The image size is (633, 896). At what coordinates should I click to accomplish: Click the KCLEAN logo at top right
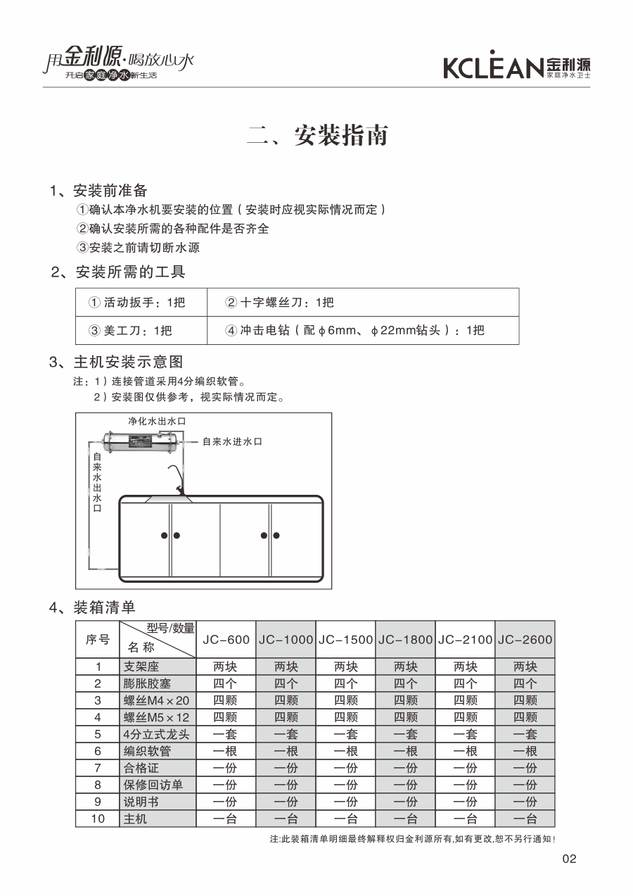[x=516, y=66]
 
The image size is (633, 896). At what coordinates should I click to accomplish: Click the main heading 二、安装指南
[x=317, y=135]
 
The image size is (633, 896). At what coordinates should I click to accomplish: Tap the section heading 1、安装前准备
[x=98, y=191]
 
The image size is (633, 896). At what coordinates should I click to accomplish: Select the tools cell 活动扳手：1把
[x=136, y=303]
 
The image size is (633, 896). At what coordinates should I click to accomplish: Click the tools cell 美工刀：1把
[x=130, y=331]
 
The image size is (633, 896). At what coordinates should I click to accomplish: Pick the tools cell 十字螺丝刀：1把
[x=279, y=303]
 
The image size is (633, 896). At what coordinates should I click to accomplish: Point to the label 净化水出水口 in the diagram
[x=156, y=421]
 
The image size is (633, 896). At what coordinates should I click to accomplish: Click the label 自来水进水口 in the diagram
[x=232, y=441]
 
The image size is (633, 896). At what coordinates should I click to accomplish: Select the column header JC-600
[x=226, y=640]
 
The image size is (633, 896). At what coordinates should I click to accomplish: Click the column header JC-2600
[x=525, y=640]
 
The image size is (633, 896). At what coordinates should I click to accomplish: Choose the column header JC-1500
[x=345, y=640]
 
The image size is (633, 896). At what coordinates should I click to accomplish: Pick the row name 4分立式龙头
[x=157, y=734]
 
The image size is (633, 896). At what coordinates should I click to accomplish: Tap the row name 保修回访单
[x=153, y=785]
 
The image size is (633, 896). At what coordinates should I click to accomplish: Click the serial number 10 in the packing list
[x=98, y=819]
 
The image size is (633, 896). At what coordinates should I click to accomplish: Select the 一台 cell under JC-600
[x=226, y=819]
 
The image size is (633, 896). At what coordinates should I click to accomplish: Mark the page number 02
[x=570, y=859]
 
